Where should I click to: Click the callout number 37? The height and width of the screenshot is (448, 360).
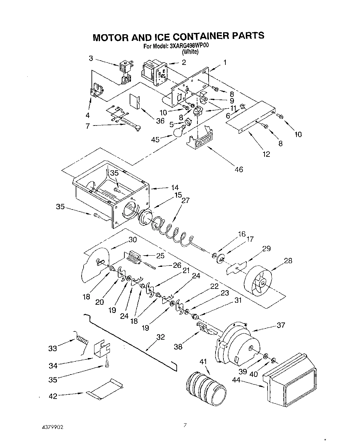(x=281, y=325)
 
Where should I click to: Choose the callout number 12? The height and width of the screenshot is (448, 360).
(x=266, y=154)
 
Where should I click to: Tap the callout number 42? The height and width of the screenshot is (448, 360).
(x=53, y=396)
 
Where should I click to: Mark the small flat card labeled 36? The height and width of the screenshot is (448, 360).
(x=135, y=101)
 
